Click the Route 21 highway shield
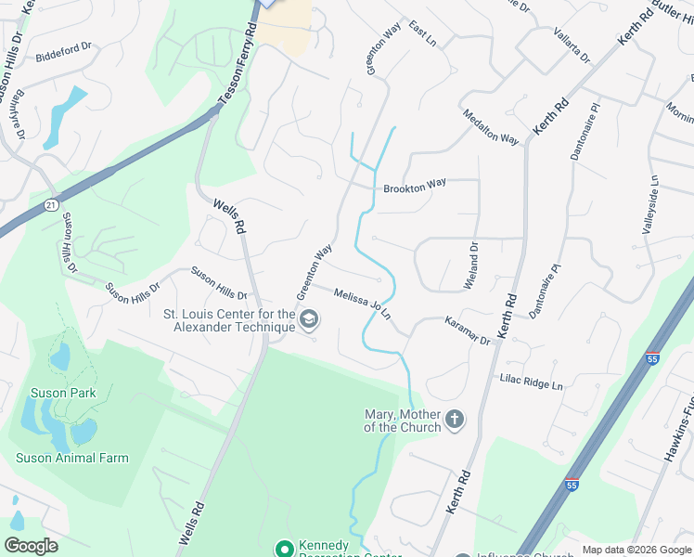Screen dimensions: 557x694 52,203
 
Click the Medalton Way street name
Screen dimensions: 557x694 491,126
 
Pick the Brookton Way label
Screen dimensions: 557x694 415,187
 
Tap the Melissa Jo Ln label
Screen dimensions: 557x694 362,303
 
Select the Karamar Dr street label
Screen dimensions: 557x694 467,330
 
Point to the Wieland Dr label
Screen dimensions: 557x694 472,265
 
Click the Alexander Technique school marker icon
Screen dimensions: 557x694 309,321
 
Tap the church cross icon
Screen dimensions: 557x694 455,420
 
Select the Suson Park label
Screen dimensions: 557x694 63,393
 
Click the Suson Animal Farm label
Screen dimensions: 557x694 72,458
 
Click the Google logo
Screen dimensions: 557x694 31,546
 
